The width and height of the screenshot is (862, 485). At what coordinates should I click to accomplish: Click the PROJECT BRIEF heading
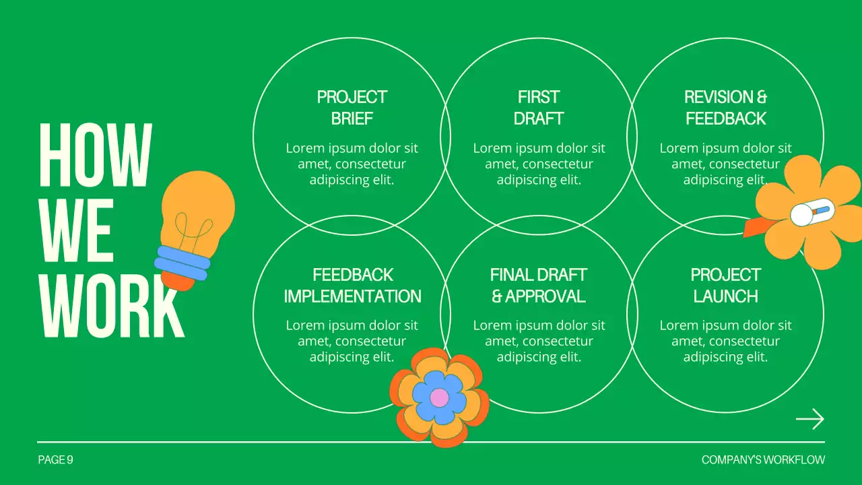coord(352,108)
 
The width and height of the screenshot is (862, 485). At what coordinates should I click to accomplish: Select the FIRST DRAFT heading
coord(538,108)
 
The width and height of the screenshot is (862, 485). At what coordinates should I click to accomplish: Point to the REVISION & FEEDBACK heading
coord(725,108)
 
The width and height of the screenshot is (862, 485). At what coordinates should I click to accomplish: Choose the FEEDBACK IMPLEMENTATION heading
coord(352,286)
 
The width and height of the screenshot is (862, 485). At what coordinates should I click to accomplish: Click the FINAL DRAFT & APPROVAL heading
coord(538,286)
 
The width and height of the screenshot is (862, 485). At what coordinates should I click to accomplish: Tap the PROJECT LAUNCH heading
coord(725,286)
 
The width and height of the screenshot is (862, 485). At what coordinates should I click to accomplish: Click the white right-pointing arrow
coord(809,419)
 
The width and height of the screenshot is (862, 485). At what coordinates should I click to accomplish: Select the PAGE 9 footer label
coord(55,460)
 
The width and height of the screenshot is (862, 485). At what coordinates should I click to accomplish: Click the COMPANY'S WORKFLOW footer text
coord(762,460)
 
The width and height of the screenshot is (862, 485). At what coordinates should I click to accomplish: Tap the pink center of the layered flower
coord(439,397)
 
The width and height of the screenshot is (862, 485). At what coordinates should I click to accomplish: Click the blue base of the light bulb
coord(182,263)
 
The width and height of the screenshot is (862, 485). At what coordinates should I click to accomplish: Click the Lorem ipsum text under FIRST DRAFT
coord(538,164)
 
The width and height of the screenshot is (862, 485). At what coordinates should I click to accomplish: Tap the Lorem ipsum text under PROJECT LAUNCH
coord(725,341)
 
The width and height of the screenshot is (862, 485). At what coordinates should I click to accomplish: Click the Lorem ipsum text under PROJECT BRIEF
coord(352,164)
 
